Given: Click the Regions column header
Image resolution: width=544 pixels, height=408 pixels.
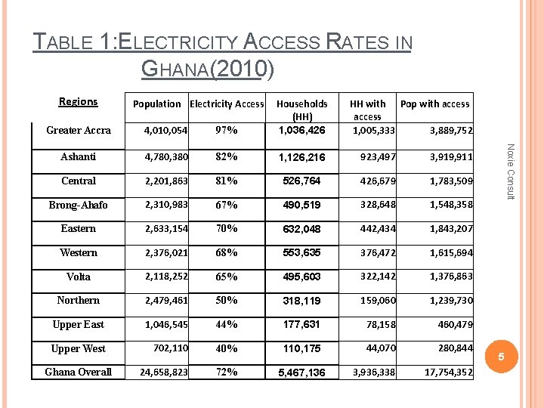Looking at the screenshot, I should (x=78, y=101).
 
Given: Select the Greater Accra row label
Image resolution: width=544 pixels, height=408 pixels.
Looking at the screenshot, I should (x=79, y=130).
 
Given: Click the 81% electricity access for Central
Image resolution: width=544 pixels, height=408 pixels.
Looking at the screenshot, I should (x=227, y=181).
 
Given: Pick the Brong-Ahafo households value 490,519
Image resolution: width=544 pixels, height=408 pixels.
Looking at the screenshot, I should (x=301, y=206).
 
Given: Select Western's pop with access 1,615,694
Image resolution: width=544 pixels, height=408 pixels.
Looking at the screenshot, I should (x=451, y=253).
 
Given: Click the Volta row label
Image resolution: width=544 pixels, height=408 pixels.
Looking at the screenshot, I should (x=79, y=277).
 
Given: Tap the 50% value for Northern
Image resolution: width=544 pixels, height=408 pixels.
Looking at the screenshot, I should (x=227, y=301).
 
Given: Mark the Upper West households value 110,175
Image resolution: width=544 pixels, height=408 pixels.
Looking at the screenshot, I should (x=301, y=349).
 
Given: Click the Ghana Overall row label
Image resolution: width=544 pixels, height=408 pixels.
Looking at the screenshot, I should (x=79, y=372).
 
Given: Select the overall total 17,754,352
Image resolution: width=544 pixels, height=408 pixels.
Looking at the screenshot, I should (x=449, y=372).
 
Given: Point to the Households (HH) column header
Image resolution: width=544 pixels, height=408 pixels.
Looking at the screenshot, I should (x=301, y=110).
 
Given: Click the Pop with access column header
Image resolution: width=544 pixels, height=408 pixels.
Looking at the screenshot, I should (x=434, y=104).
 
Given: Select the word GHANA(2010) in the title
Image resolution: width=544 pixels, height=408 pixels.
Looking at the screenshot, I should (x=208, y=70).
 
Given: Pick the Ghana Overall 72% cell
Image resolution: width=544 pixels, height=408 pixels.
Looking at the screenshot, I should (x=227, y=372).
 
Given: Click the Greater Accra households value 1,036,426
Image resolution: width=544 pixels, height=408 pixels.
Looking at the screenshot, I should (x=301, y=131).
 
